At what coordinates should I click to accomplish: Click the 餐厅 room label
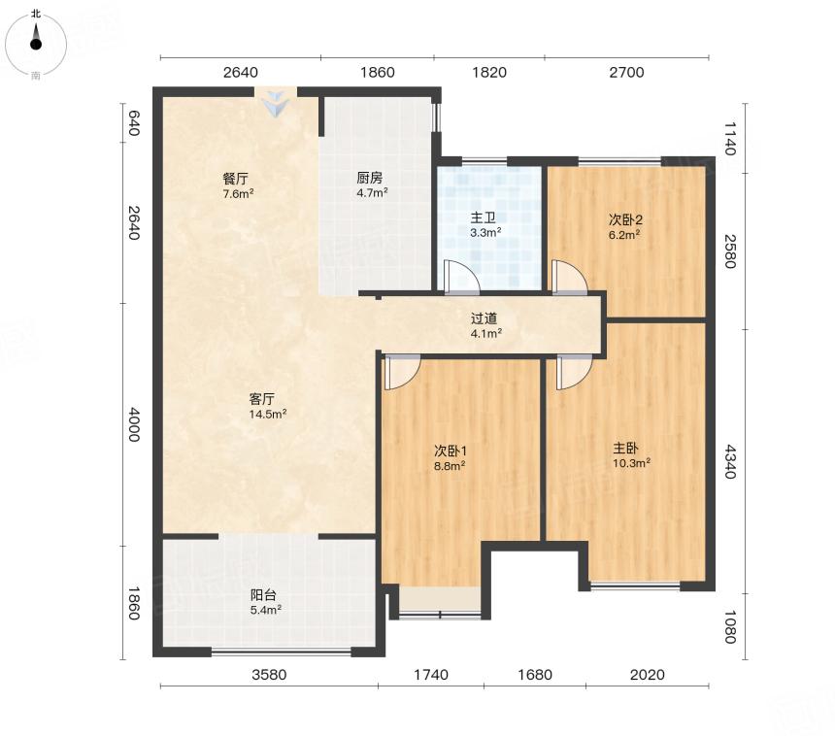point(235,179)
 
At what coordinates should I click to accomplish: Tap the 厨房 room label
point(370,178)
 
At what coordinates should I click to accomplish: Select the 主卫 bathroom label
point(484,217)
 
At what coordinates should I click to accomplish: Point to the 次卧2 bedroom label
point(625,219)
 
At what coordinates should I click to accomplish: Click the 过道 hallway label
point(484,318)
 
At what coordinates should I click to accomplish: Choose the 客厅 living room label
point(262,399)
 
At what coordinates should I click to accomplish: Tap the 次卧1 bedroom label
point(451,452)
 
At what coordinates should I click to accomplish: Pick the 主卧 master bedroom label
point(625,448)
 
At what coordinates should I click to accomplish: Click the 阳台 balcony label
point(263,595)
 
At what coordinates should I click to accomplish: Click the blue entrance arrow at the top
point(276,103)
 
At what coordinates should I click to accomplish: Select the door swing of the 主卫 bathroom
point(461,277)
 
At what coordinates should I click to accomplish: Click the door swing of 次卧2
point(569,277)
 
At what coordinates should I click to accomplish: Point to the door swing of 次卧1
point(402,372)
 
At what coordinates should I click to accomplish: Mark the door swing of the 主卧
point(574,372)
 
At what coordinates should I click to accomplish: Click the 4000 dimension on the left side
point(133,424)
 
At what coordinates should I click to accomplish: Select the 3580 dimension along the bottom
point(269,675)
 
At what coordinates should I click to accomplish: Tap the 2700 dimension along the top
point(627,72)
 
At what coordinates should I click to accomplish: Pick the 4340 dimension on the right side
point(730,461)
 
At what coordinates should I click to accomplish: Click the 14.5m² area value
point(268,414)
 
